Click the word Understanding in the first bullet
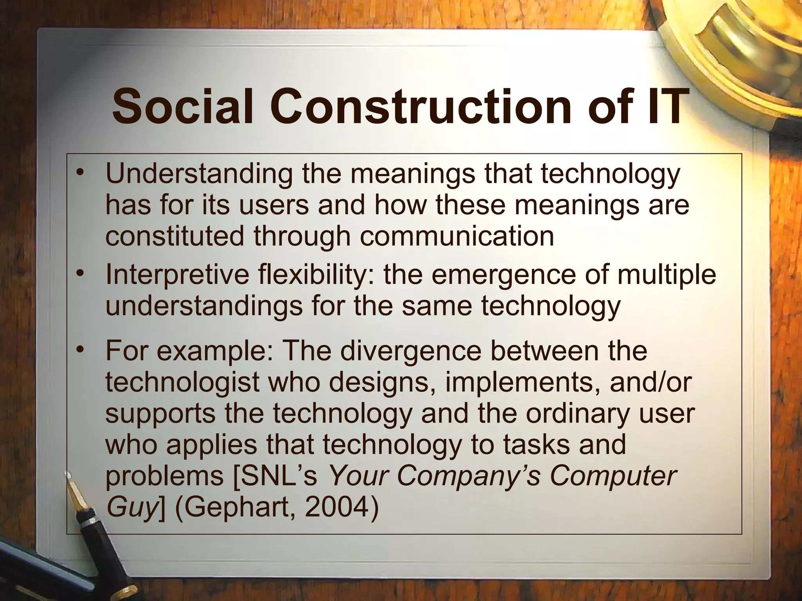(199, 175)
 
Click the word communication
(457, 237)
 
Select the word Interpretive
(177, 275)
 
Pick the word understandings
(204, 306)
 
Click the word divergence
(410, 351)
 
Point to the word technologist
(182, 382)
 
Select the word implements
(522, 382)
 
